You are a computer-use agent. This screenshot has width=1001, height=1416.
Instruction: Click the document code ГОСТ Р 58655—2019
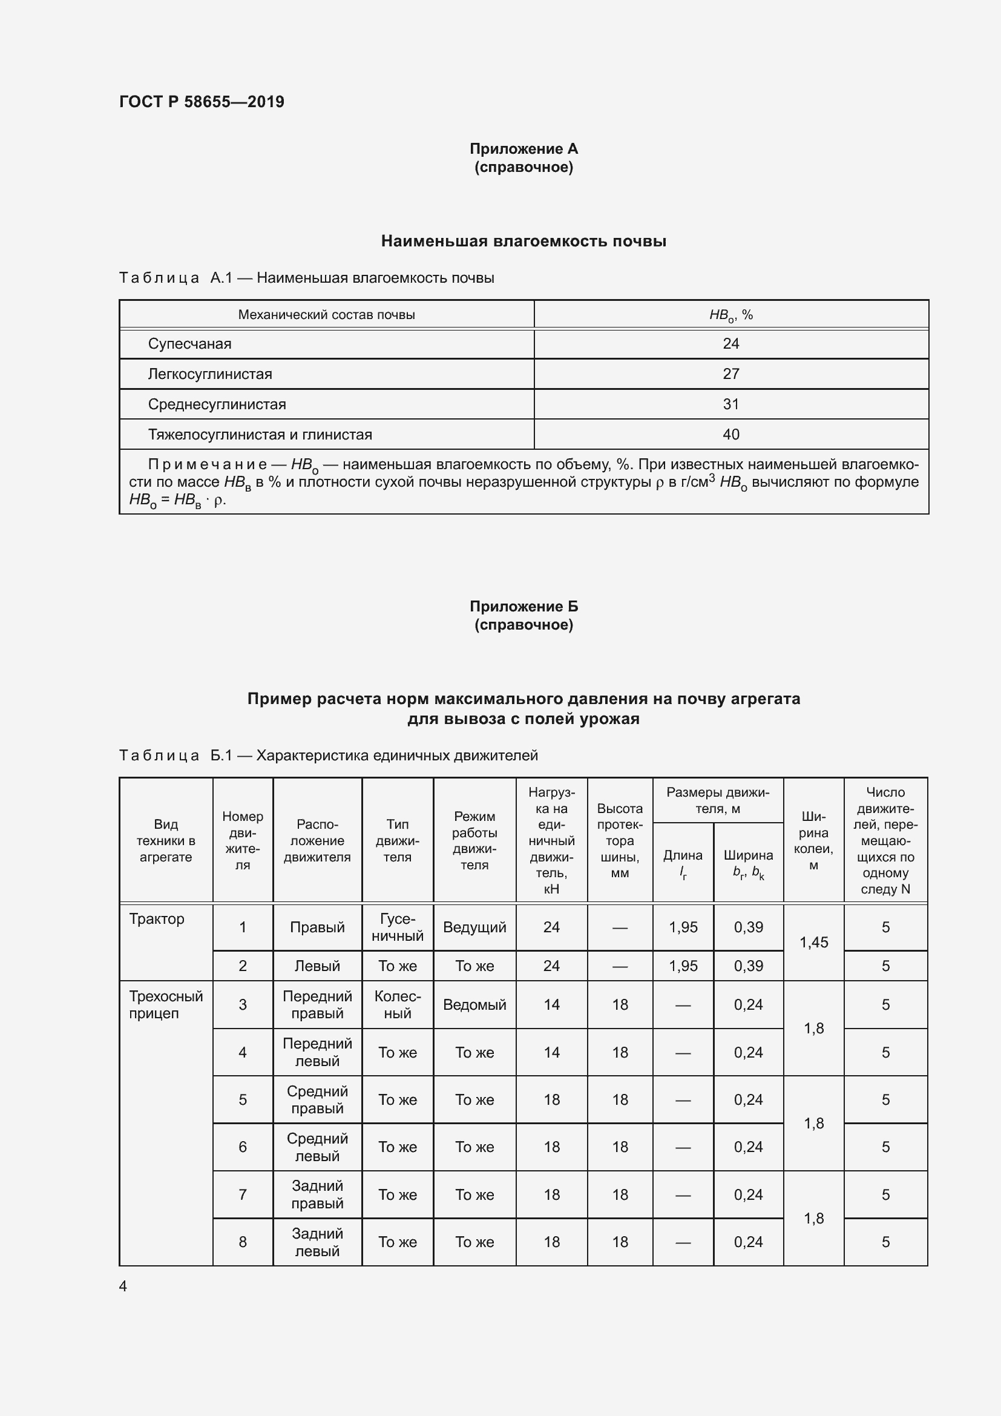[202, 102]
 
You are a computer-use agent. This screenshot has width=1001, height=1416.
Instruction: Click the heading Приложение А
[523, 149]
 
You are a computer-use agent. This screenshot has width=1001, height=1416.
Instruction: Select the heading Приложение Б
[523, 606]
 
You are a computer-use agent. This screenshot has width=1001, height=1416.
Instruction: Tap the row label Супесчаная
[189, 344]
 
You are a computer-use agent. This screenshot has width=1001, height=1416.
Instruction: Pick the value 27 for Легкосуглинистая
[730, 374]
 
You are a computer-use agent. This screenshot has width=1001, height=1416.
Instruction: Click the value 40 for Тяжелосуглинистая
[730, 435]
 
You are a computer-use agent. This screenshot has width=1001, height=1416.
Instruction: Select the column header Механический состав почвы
[326, 315]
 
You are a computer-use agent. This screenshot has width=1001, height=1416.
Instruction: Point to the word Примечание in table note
[207, 464]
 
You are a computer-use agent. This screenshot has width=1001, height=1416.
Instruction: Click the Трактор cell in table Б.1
[157, 919]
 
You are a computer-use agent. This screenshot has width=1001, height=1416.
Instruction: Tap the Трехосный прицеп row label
[165, 1005]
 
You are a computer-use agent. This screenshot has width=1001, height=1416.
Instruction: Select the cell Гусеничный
[398, 927]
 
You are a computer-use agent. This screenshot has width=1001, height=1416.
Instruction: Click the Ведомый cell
[474, 1005]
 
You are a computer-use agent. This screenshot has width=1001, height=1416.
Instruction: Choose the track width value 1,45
[813, 943]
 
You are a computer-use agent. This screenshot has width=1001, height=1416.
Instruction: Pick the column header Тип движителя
[398, 840]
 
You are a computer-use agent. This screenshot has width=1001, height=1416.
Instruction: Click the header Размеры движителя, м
[718, 800]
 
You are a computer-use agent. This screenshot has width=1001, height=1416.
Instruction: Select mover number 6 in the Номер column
[242, 1147]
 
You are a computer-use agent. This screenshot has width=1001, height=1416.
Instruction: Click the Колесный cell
[398, 1005]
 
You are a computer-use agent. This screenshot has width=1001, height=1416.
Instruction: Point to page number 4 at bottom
[123, 1286]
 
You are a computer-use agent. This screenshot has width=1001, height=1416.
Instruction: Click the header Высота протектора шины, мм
[620, 840]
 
